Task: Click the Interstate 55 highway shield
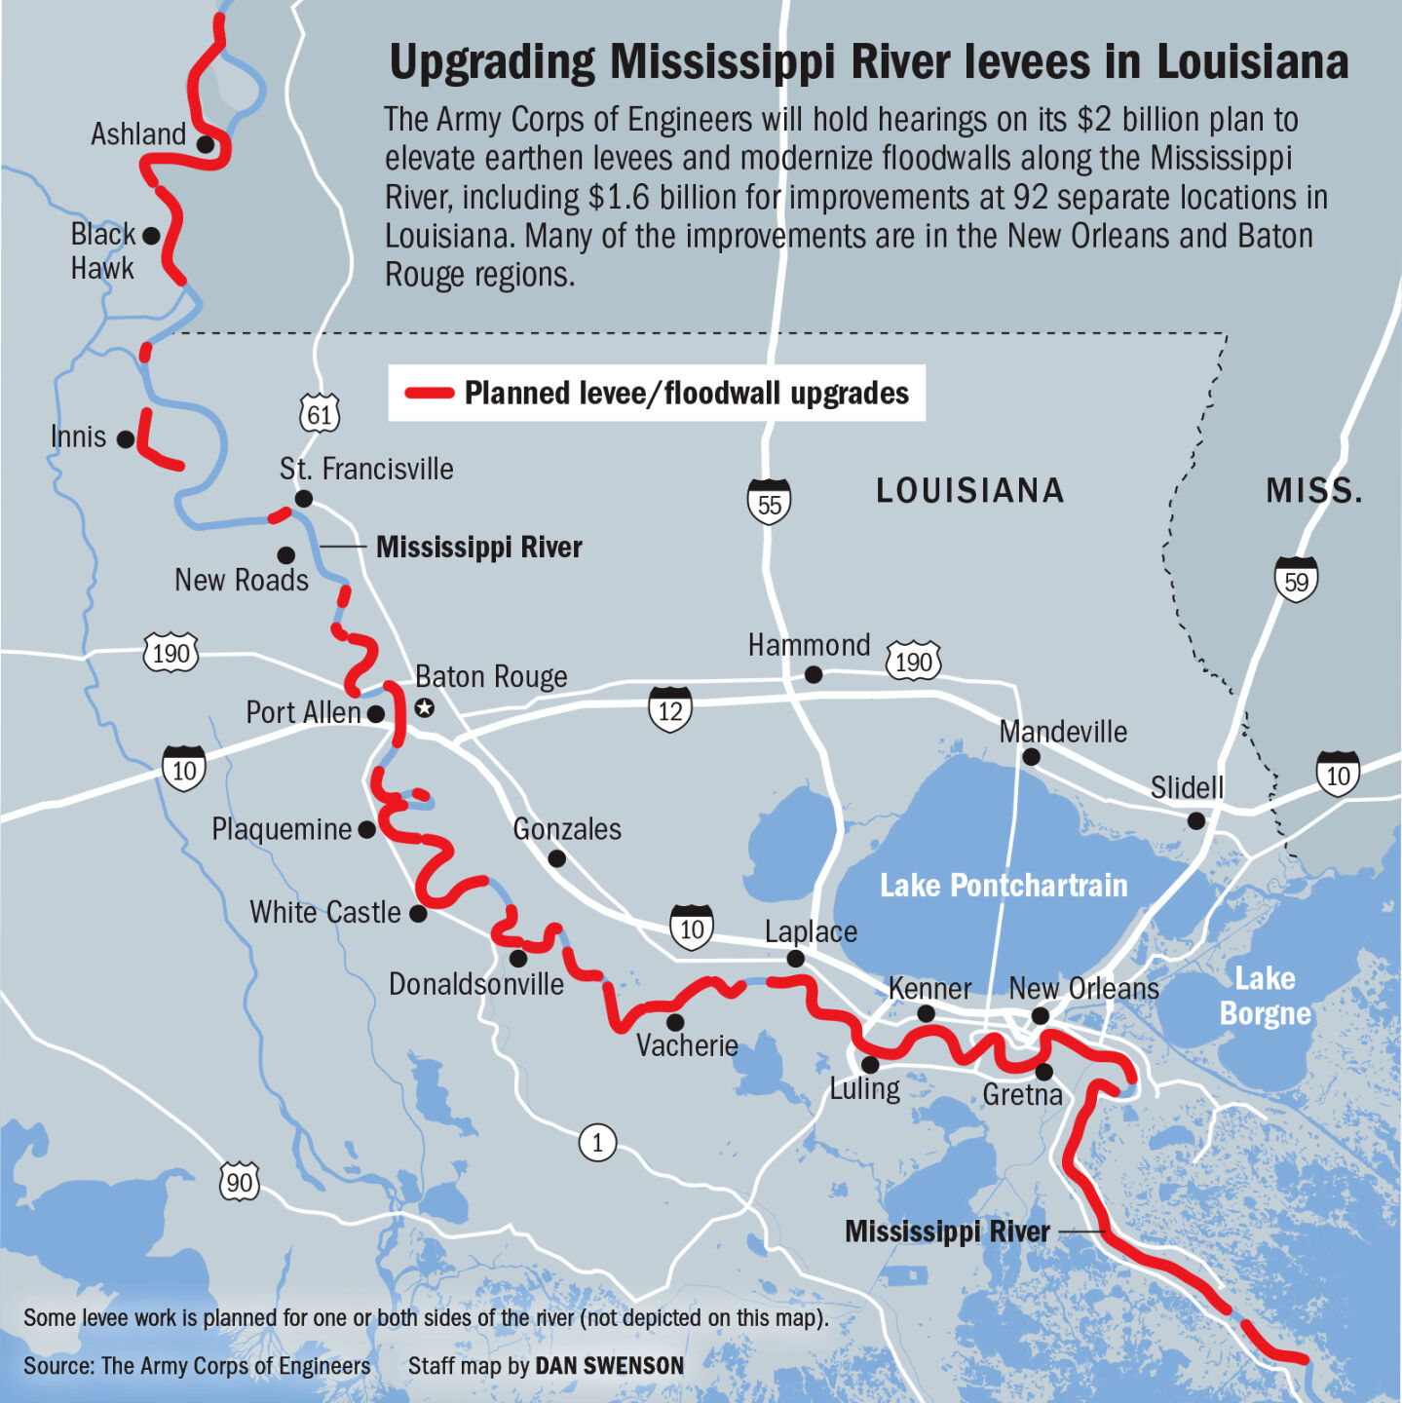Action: click(769, 503)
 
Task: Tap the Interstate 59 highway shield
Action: click(1296, 580)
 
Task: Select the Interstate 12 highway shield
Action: click(670, 709)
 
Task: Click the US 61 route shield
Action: click(320, 413)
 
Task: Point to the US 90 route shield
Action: click(240, 1182)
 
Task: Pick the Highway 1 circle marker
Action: click(597, 1142)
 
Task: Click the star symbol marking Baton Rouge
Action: click(424, 708)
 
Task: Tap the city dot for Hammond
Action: click(814, 674)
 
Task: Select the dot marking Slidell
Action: click(1195, 821)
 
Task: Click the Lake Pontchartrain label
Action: click(1004, 886)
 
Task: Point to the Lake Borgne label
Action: click(1265, 996)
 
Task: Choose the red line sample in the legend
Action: click(430, 394)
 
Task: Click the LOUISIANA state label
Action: click(969, 490)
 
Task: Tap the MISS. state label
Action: click(1313, 490)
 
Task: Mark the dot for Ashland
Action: click(206, 144)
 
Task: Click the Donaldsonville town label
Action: click(475, 984)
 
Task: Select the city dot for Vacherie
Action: click(675, 1022)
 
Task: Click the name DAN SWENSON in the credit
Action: click(610, 1366)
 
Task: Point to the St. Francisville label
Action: click(366, 470)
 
